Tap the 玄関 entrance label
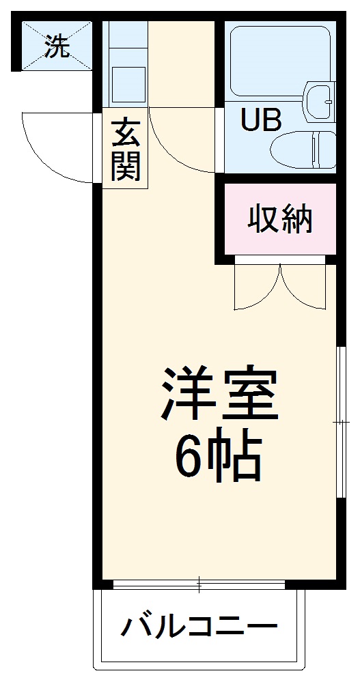(125, 148)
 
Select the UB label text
(260, 122)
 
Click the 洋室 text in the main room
(219, 395)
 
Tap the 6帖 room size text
(219, 456)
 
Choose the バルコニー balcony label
(200, 626)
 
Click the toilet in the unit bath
(303, 148)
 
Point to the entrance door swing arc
(58, 147)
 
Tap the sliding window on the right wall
(340, 423)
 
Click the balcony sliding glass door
(199, 584)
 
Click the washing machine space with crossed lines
(57, 45)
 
